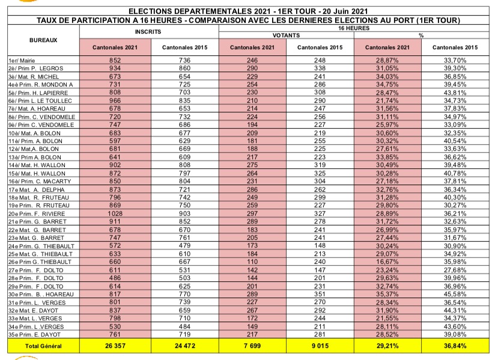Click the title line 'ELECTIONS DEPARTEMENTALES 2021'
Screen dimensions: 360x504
tap(252, 11)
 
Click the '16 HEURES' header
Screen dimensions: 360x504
tap(353, 28)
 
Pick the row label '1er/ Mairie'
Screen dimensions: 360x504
tap(21, 61)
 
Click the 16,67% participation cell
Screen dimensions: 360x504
tap(387, 261)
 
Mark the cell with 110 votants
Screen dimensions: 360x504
tap(252, 261)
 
